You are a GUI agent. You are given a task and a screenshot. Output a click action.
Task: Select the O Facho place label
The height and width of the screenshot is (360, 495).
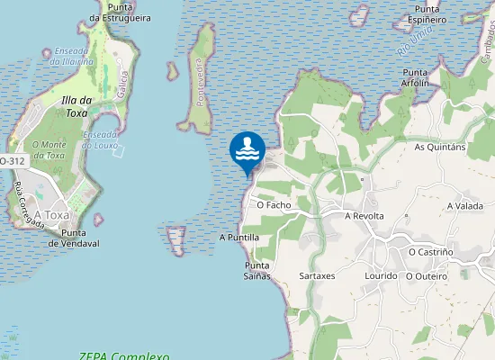coord(274,205)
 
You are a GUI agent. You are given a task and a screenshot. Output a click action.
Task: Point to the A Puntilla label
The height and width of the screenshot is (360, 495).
coord(239,238)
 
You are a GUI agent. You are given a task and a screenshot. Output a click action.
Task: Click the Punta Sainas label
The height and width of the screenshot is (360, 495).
coord(257,271)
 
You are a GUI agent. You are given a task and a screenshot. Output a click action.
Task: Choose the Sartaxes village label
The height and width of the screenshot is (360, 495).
coord(317,275)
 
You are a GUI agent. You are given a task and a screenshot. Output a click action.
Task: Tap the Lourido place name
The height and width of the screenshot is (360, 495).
coord(382,275)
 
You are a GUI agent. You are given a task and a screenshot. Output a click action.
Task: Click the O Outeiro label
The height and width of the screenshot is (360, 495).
coord(427,275)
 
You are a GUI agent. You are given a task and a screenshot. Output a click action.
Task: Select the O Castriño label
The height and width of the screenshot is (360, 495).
coord(432,252)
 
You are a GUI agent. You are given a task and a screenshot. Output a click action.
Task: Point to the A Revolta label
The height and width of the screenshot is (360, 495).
coord(364,216)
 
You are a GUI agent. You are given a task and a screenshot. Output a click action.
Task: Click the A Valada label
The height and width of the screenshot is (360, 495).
coord(465,206)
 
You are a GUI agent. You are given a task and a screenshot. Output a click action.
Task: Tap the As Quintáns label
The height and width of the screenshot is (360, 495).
coord(439,147)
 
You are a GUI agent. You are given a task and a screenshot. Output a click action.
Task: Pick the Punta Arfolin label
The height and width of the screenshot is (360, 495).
coord(415,78)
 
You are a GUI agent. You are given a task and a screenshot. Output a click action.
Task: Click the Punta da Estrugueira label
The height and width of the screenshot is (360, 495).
coord(121,12)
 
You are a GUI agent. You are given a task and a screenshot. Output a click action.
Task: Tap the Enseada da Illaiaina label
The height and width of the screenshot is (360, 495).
coord(73,56)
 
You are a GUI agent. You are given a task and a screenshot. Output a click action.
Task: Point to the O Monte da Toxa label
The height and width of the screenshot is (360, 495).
coord(49,149)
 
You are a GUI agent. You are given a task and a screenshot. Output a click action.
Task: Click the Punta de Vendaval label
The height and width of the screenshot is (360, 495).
coord(74,238)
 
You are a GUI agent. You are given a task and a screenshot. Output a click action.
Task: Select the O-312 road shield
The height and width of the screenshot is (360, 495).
coord(12,160)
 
